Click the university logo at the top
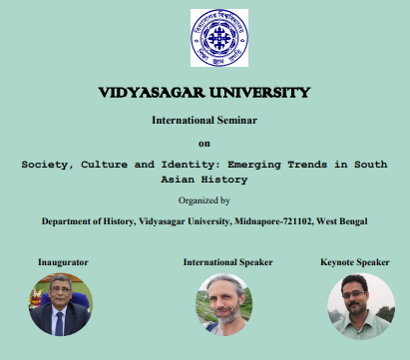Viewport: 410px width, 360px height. pos(205,38)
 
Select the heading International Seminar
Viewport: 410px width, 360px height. pos(205,120)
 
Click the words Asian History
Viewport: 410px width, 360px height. pos(205,180)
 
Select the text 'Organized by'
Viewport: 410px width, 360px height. pos(205,200)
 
